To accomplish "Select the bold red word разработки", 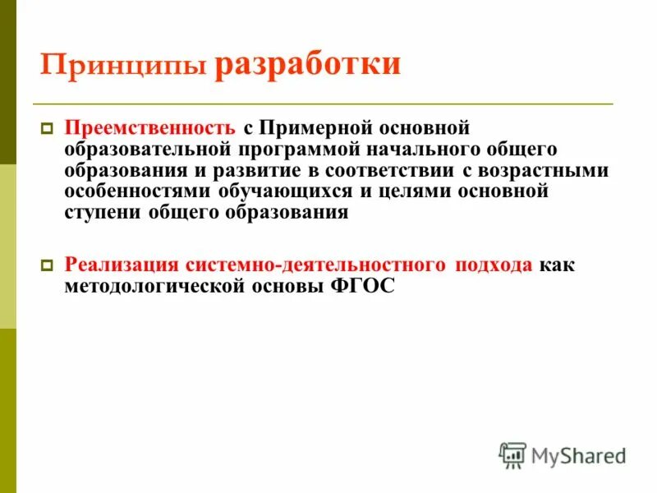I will click(x=308, y=63).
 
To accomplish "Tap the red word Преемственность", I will click(x=152, y=129).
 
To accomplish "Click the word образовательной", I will click(x=148, y=150).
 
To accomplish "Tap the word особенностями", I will click(x=139, y=191).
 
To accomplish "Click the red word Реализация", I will click(x=122, y=265).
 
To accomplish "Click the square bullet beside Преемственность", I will click(x=48, y=129).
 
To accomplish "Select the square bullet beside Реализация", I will click(x=48, y=265).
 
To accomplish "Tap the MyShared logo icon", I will click(x=512, y=454).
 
